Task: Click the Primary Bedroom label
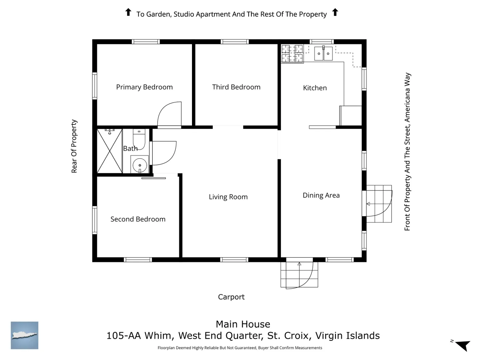point(144,87)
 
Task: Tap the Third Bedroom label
point(236,87)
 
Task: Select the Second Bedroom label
point(138,219)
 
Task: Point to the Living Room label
point(228,197)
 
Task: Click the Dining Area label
point(321,195)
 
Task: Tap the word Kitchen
point(315,88)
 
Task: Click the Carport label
point(231,297)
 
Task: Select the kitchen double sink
point(323,53)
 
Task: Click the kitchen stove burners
point(292,54)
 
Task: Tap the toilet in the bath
point(139,139)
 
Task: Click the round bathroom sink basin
point(140,165)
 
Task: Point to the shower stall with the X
point(110,151)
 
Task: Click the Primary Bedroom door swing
point(169,114)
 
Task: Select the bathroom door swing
point(164,153)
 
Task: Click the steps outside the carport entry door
point(299,275)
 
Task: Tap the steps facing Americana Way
point(379,204)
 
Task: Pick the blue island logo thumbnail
point(24,335)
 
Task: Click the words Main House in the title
point(243,324)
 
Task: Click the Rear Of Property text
point(74,146)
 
